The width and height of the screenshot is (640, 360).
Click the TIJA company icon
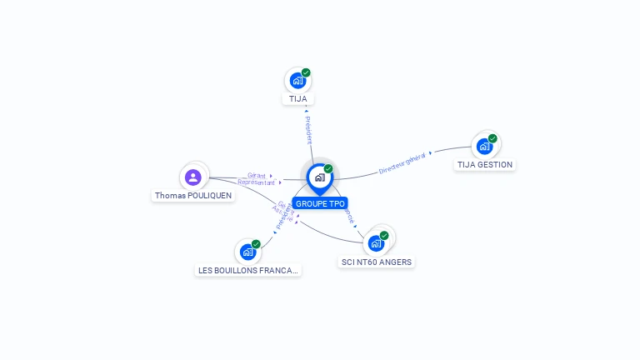(297, 82)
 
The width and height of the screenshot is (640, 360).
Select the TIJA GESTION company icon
(484, 147)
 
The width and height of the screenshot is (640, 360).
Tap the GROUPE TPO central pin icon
(319, 177)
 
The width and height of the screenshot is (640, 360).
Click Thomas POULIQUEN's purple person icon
(193, 177)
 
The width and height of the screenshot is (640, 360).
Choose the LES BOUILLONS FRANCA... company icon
(247, 252)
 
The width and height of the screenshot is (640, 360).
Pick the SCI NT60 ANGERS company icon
(376, 243)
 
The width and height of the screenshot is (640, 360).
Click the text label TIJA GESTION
(485, 165)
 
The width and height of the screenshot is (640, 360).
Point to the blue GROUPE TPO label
(320, 203)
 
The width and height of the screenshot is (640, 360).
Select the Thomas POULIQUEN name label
(193, 196)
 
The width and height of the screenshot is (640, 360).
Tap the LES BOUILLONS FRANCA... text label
(247, 270)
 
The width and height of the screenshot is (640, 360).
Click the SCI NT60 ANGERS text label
(377, 262)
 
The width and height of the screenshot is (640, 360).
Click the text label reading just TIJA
(297, 99)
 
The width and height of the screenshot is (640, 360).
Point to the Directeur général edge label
(403, 162)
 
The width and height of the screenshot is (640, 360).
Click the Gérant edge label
(256, 176)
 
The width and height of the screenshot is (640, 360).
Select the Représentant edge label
(256, 182)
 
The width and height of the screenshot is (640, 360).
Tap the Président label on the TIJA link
(307, 129)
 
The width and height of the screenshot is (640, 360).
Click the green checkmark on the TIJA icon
(306, 73)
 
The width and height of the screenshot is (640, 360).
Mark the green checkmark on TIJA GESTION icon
(492, 138)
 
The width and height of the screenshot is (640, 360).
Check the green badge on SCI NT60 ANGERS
(384, 235)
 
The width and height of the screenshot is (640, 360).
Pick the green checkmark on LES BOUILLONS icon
(256, 243)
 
